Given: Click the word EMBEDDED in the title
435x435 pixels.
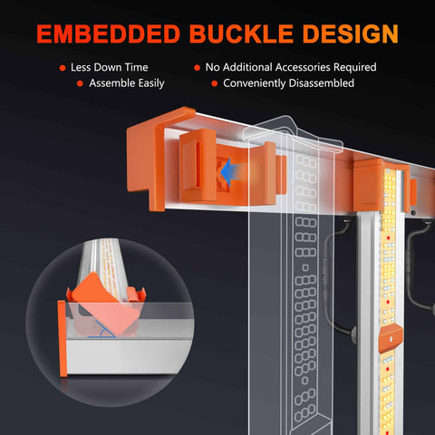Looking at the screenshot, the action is coord(109,34).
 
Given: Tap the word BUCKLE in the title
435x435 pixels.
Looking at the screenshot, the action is coord(241,34).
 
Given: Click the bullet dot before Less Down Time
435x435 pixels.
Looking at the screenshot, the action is coord(63,68).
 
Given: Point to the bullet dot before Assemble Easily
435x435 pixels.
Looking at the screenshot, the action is coord(80,83).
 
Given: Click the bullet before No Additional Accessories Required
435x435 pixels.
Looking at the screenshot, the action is coord(197,68).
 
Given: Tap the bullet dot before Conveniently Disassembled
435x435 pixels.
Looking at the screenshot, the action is coord(215,83).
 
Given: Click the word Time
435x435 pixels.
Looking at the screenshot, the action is coord(136,67).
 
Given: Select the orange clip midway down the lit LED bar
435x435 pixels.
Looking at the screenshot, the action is coord(390,338).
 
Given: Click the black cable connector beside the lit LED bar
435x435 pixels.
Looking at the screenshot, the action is coord(353,334).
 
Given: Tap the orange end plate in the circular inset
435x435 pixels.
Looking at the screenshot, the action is coord(63,338).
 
